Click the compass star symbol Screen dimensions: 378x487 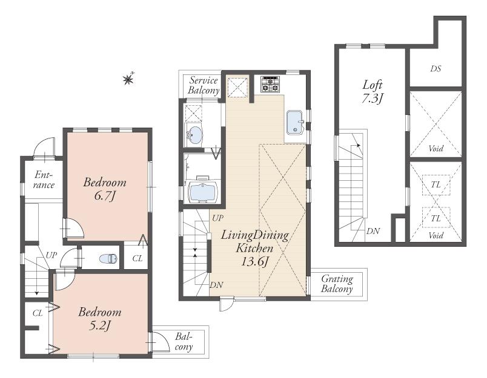(x=128, y=78)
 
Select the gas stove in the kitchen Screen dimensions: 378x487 (x=270, y=84)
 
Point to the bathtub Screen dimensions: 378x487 (x=202, y=192)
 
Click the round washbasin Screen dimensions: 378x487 (x=194, y=135)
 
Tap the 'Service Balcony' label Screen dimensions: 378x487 (x=203, y=85)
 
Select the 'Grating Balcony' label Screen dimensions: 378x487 (x=337, y=284)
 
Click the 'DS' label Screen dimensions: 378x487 (x=435, y=69)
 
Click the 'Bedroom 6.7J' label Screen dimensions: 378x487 (x=105, y=189)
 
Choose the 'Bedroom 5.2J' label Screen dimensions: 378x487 (x=100, y=319)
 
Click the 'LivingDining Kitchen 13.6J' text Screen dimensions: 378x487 (x=254, y=247)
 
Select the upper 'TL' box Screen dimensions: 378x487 (x=436, y=186)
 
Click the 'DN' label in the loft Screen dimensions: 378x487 (x=373, y=232)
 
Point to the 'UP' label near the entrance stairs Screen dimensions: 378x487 (x=51, y=255)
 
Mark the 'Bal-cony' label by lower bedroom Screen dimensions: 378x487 (x=184, y=342)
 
